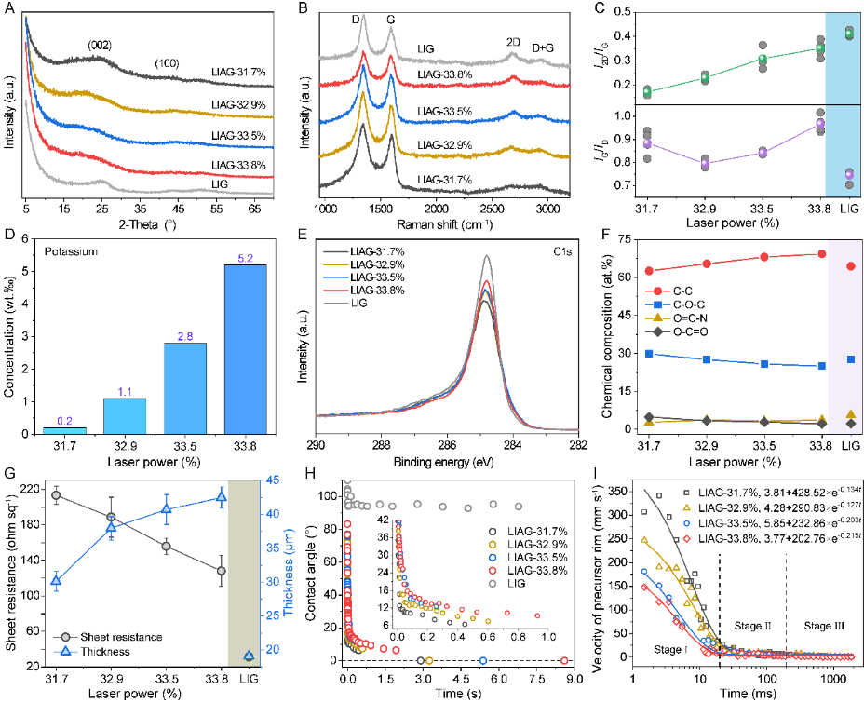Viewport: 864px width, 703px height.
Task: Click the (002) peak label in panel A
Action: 100,44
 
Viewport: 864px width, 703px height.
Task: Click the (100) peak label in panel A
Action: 168,63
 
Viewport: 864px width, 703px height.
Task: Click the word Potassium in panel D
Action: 74,252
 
